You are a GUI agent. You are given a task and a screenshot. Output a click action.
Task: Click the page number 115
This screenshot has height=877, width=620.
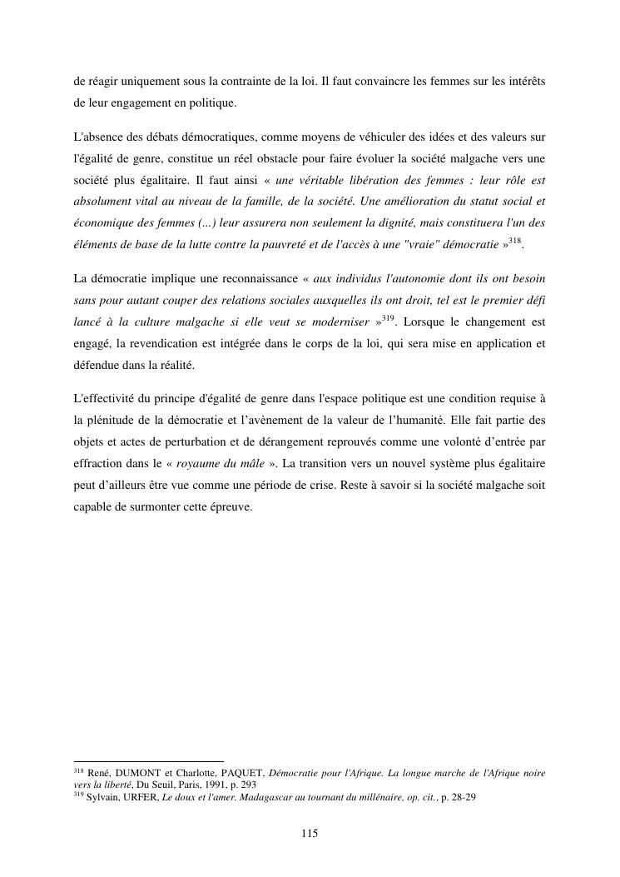(x=310, y=834)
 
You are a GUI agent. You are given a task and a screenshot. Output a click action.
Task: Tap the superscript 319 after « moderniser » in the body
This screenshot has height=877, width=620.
(x=389, y=317)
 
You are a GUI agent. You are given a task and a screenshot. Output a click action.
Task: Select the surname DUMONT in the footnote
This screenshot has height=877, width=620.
(x=143, y=774)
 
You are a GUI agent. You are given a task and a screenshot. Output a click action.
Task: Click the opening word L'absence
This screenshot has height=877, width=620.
(x=98, y=135)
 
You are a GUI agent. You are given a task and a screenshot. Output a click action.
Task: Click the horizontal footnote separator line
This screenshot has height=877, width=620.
(x=149, y=761)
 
